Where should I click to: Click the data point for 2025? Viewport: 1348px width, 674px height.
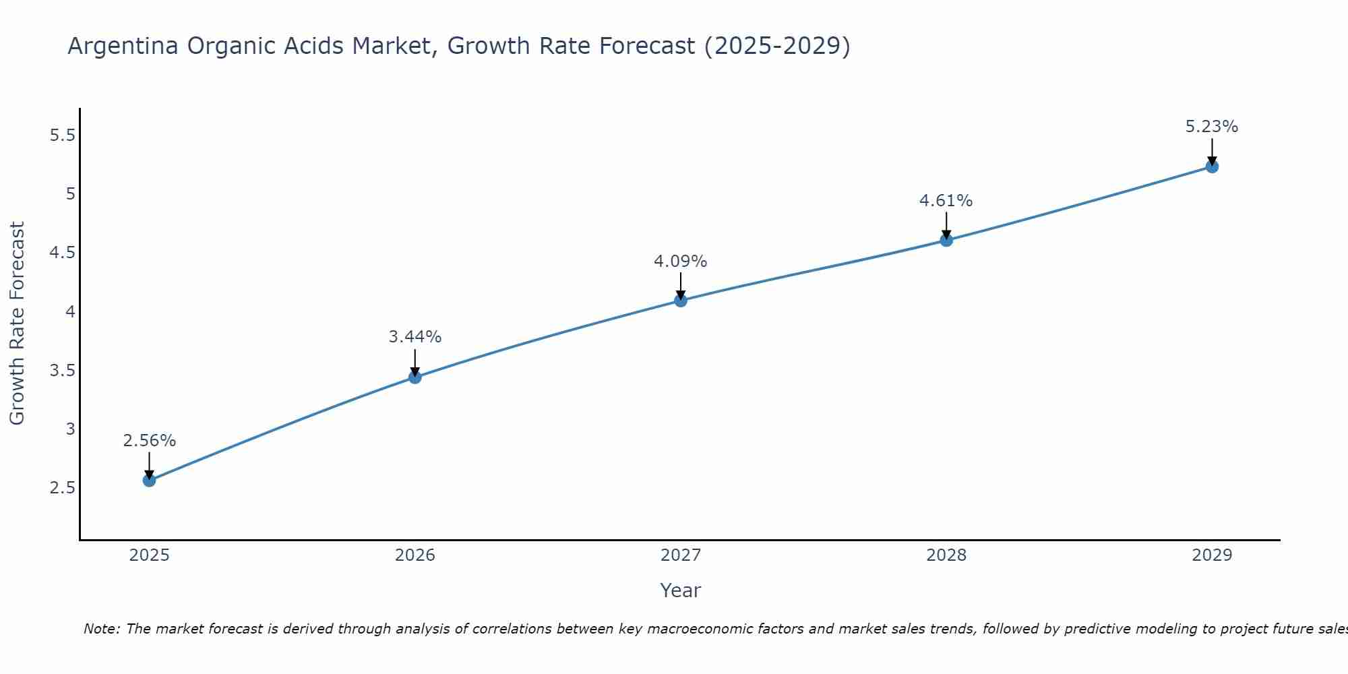click(149, 480)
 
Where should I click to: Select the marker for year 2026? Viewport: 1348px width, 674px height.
click(415, 377)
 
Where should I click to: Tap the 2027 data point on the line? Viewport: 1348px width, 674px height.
click(681, 301)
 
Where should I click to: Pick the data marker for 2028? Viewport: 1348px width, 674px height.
click(946, 240)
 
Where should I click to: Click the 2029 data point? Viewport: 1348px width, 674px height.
click(1212, 166)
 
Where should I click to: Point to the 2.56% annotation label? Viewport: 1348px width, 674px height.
click(149, 441)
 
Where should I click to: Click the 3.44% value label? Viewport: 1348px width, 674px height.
click(415, 337)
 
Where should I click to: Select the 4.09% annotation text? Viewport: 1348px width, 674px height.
click(681, 262)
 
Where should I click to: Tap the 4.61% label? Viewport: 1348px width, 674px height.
click(946, 201)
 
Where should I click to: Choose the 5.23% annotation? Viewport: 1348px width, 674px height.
click(1212, 127)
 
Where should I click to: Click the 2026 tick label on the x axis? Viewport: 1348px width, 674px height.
click(415, 555)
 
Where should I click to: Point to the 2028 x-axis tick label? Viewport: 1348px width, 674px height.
click(946, 555)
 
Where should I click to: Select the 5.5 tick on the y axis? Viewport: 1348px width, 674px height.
click(62, 135)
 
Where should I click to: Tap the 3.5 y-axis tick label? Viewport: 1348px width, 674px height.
click(62, 371)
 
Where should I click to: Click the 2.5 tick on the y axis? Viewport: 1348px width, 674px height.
click(62, 488)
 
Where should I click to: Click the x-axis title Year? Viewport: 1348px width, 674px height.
click(681, 590)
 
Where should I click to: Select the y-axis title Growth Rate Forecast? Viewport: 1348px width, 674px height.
click(17, 324)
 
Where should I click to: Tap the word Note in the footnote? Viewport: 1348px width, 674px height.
click(101, 629)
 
